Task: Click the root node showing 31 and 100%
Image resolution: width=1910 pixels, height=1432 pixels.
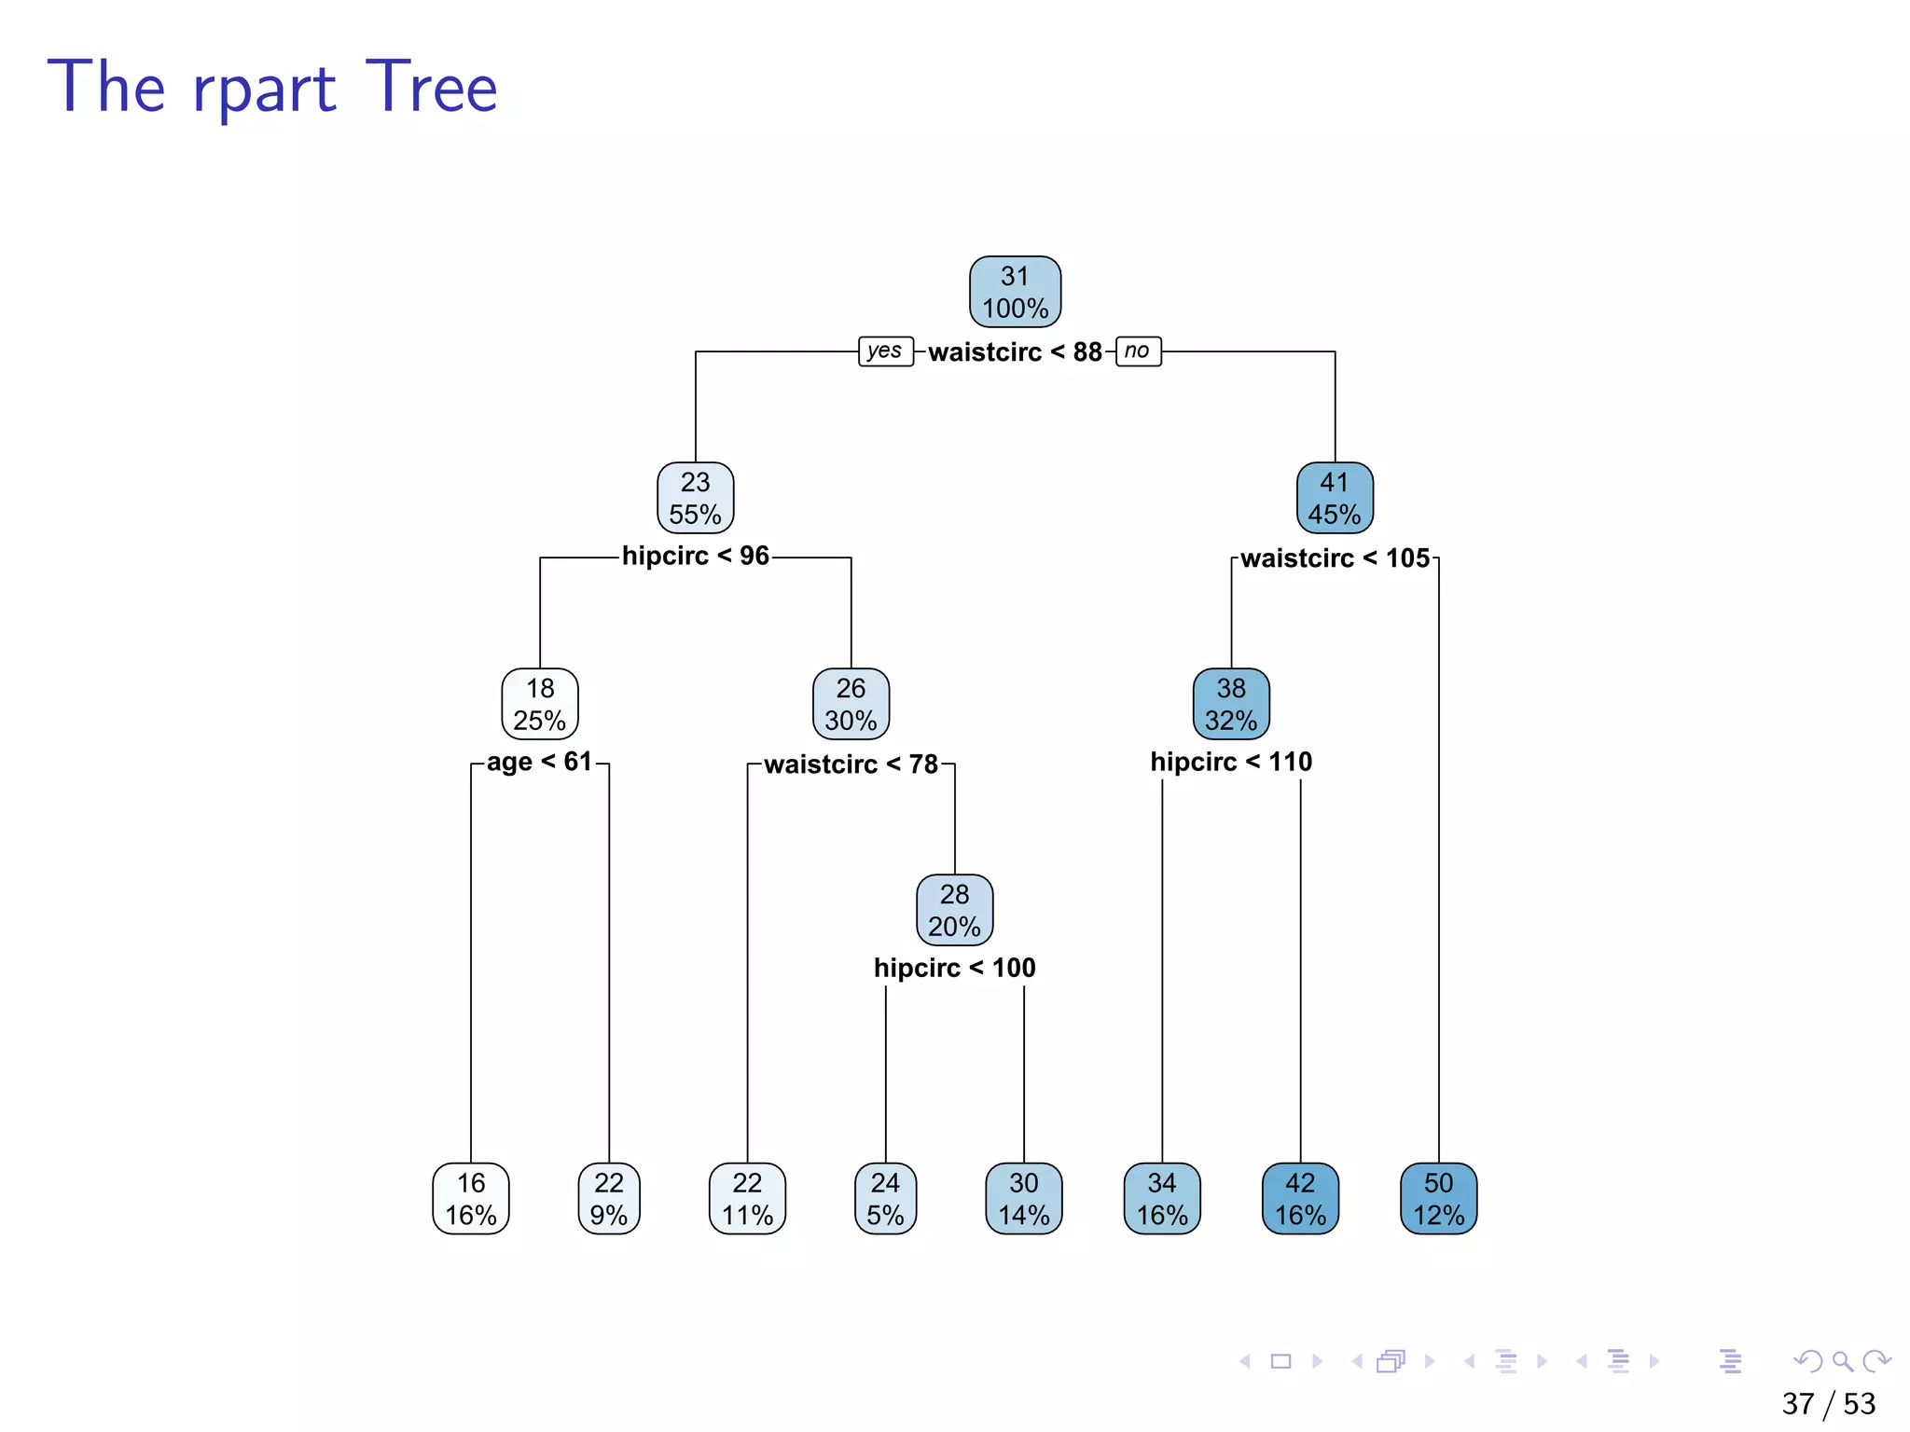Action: [1015, 292]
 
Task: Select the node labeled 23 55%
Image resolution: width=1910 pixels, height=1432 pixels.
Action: [695, 498]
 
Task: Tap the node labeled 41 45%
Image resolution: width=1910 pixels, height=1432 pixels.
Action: [1335, 498]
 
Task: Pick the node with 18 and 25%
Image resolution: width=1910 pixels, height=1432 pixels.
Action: [540, 704]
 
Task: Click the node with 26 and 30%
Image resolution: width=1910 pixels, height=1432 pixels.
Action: [851, 704]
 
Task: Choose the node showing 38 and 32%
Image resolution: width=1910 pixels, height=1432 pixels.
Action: [1231, 704]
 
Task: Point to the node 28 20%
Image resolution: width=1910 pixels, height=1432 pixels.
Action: [954, 910]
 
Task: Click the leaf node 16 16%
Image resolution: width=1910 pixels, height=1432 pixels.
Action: [471, 1199]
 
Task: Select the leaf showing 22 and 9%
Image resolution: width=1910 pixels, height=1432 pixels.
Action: [609, 1199]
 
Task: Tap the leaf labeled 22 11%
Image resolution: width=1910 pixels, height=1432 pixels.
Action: [747, 1199]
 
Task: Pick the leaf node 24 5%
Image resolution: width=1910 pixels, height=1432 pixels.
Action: [885, 1199]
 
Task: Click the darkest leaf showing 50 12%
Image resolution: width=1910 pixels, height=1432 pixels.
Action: [1438, 1199]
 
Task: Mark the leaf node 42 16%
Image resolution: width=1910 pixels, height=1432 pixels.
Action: [1300, 1199]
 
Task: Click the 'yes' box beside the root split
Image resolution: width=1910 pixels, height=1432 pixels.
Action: [885, 351]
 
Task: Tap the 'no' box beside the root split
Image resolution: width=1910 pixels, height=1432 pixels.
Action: [1138, 351]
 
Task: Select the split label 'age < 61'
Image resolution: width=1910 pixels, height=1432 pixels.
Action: [540, 763]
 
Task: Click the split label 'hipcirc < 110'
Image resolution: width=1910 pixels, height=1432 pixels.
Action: [1231, 763]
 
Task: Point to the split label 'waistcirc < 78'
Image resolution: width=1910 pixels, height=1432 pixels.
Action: [851, 764]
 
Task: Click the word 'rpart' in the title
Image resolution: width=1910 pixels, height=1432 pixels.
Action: [264, 89]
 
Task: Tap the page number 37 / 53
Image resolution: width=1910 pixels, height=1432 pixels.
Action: [1828, 1403]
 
